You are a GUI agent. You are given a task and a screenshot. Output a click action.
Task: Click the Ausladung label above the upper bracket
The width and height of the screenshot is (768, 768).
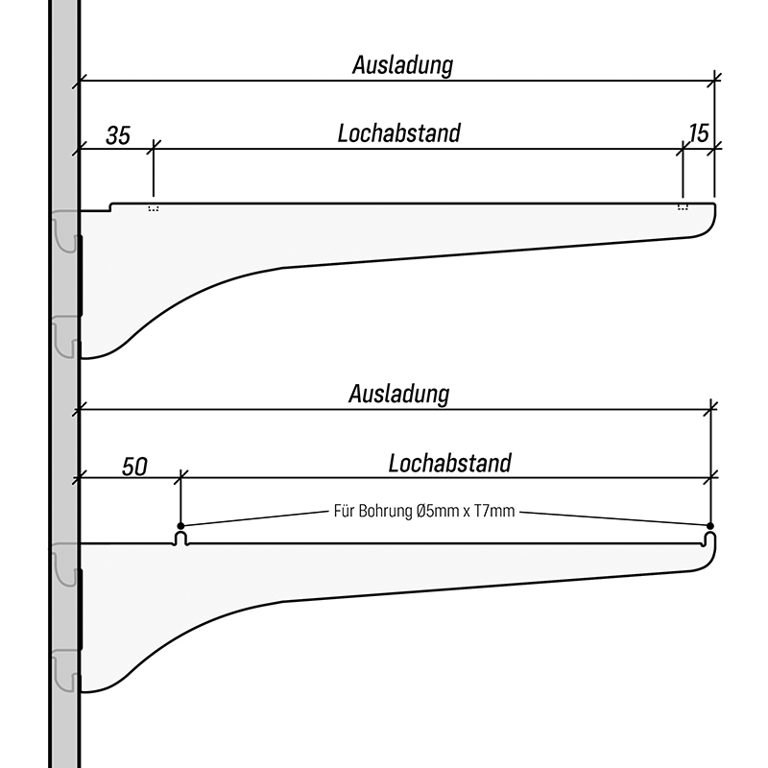click(x=402, y=65)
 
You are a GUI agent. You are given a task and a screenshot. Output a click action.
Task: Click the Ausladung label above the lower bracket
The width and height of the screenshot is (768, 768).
click(x=399, y=394)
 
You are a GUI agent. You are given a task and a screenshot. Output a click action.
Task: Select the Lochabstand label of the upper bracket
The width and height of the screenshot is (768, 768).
click(x=398, y=132)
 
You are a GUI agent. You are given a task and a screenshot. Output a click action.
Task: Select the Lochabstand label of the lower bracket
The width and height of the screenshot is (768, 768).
click(x=449, y=464)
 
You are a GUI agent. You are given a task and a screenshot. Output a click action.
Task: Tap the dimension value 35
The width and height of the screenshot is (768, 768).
click(x=118, y=135)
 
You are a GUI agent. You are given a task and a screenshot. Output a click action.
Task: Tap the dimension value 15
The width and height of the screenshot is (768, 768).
click(x=699, y=132)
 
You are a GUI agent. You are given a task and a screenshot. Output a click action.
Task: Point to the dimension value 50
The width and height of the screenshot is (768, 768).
click(x=134, y=468)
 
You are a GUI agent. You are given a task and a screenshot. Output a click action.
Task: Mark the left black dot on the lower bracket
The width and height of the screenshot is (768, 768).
click(x=180, y=526)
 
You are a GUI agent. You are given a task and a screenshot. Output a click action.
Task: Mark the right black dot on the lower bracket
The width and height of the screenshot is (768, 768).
click(x=709, y=526)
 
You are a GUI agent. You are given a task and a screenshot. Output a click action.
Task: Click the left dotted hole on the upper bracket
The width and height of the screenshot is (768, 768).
click(x=153, y=207)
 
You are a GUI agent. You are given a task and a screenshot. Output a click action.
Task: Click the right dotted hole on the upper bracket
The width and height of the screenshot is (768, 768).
click(x=683, y=207)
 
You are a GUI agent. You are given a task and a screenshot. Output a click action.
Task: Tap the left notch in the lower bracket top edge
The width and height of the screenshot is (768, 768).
click(x=180, y=539)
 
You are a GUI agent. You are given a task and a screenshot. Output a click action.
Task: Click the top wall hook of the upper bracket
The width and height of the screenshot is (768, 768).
click(x=64, y=231)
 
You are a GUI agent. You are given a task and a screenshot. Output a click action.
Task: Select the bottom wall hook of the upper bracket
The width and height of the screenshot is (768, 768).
click(x=64, y=335)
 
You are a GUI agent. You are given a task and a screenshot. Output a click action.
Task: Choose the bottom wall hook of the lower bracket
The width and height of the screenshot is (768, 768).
click(x=64, y=668)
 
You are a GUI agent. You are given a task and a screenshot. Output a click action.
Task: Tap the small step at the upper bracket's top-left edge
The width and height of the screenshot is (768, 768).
click(x=111, y=205)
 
